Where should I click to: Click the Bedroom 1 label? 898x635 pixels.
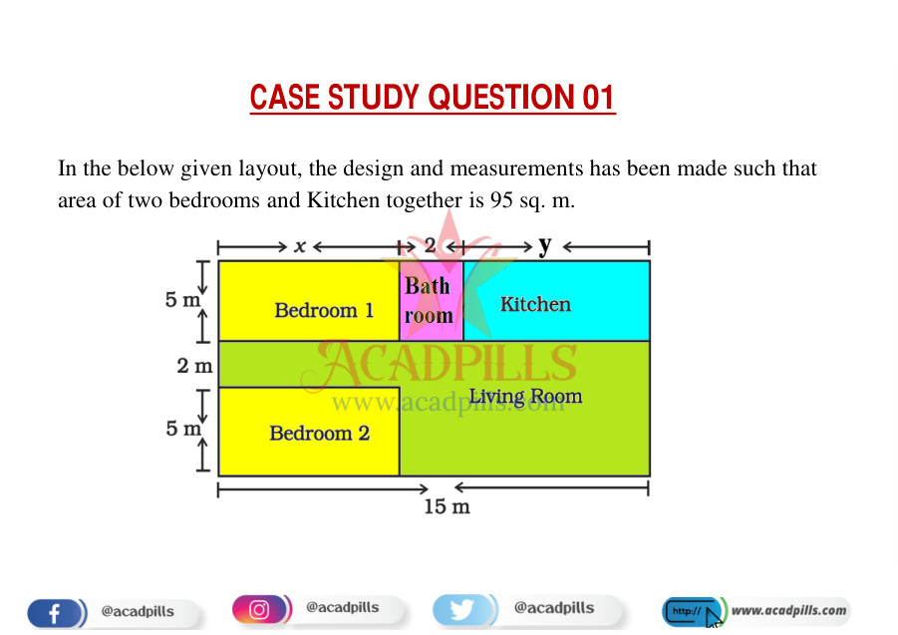point(324,310)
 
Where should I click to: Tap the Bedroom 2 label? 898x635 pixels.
point(319,433)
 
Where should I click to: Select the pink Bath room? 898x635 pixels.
point(430,301)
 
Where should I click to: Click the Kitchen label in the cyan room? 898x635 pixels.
point(535,304)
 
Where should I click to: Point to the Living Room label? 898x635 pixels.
point(525,397)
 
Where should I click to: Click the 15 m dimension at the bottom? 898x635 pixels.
point(446,506)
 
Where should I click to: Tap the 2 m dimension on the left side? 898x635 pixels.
point(194,365)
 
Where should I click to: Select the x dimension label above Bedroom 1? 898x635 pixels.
point(299,246)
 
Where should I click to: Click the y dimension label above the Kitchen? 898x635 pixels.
point(544,245)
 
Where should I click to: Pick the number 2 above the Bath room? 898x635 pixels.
point(430,245)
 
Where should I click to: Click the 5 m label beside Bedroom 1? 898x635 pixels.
point(183,299)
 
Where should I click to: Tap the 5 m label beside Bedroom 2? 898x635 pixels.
point(183,429)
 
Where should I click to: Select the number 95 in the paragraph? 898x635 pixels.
point(501,200)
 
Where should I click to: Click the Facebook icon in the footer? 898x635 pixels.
point(55,610)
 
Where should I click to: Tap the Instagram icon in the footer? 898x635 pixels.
point(259,608)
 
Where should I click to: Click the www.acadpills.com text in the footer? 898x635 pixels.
point(788,610)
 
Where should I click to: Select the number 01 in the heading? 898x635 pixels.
point(597,98)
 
